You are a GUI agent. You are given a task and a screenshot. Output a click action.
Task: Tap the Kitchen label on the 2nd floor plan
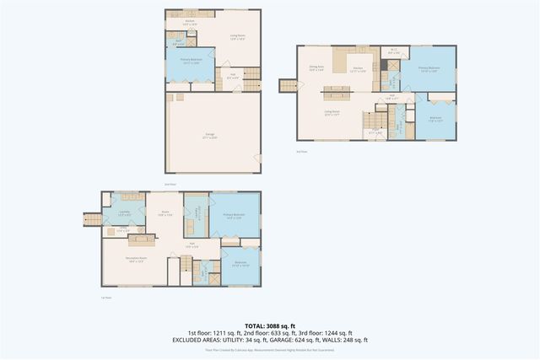(x=190, y=24)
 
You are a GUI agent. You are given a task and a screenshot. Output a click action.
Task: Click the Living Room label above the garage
(x=237, y=35)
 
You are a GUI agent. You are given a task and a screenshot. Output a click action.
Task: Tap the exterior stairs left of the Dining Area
(x=289, y=86)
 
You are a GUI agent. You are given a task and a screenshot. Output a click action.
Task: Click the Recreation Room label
(x=137, y=261)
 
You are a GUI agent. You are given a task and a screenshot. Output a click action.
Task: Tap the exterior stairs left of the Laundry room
(x=92, y=221)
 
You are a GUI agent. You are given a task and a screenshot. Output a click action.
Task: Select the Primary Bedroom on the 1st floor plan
(x=233, y=216)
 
